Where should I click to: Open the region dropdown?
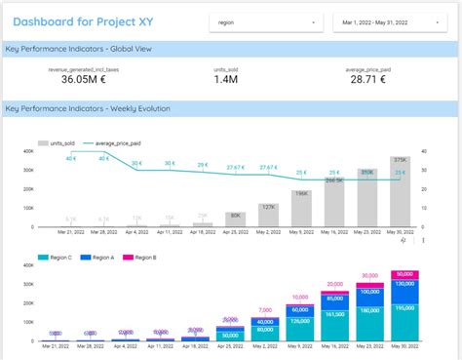[266, 21]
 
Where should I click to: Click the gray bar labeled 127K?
[267, 218]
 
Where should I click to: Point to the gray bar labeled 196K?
[300, 208]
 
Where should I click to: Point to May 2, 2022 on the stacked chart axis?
[267, 348]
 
